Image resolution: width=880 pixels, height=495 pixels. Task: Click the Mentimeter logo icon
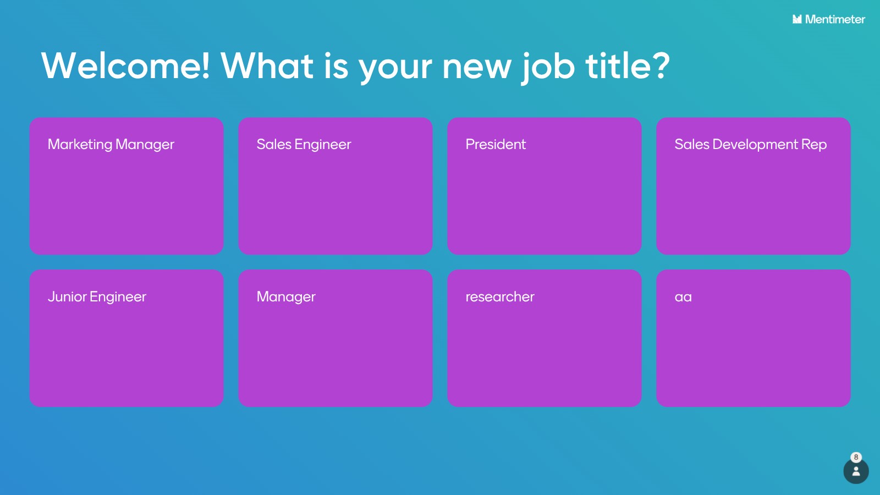point(797,19)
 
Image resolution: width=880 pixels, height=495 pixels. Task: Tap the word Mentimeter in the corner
point(835,19)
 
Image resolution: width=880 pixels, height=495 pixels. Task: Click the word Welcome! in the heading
point(125,65)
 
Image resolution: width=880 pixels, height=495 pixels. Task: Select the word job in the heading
point(548,68)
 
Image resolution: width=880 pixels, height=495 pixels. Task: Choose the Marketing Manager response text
point(111,145)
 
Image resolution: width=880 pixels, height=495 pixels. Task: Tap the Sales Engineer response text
point(304,145)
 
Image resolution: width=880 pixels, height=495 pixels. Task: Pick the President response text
point(496,144)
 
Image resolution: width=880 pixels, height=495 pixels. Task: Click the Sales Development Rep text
point(750,145)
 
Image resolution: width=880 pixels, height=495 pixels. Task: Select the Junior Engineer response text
point(97,297)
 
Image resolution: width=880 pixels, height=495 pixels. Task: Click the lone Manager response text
point(286,297)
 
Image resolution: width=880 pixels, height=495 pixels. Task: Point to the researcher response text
point(500,296)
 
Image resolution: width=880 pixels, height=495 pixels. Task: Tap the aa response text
point(683,297)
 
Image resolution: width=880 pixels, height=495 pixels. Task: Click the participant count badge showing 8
point(856,457)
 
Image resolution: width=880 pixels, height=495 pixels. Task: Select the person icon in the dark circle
point(856,471)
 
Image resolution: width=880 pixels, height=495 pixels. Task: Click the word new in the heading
point(477,68)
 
